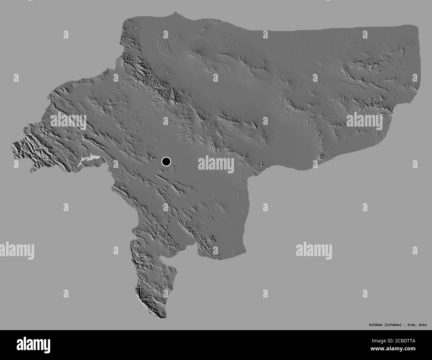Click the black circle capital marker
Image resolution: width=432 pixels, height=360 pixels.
166,161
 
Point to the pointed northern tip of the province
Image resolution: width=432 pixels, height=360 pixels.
175,13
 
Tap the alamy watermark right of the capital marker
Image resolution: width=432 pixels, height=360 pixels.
216,164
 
